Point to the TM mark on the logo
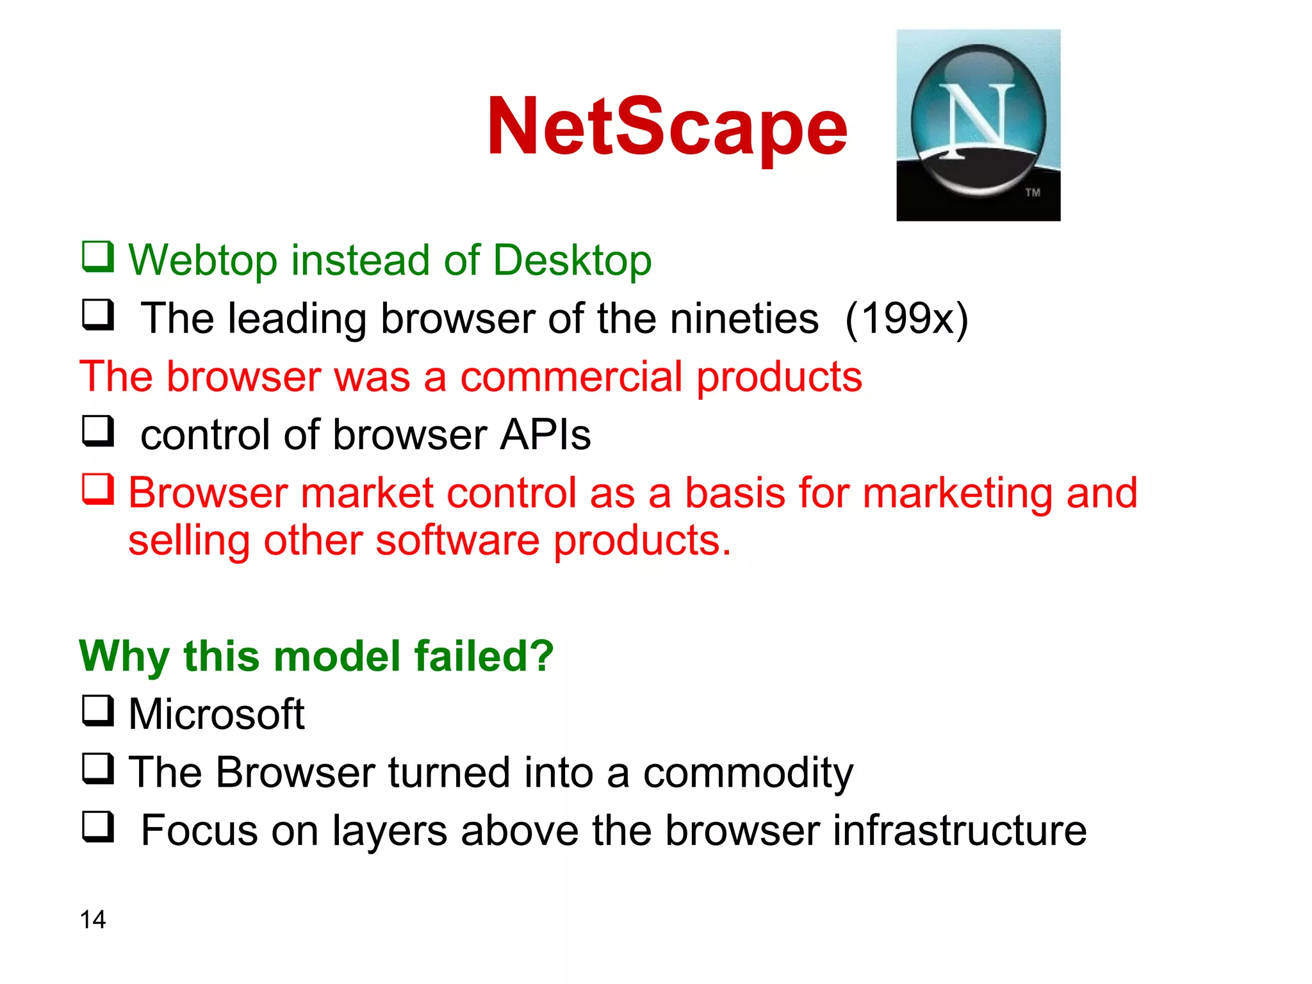[1032, 192]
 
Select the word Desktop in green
[572, 261]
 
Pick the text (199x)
[906, 318]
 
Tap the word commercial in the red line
[571, 377]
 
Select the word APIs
[545, 435]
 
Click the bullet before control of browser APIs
[98, 431]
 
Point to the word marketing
[958, 493]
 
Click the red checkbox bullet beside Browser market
[98, 489]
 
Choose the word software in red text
[457, 541]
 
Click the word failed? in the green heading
[484, 656]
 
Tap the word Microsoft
[217, 714]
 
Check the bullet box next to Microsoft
[98, 711]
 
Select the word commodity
[748, 773]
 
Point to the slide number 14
[93, 919]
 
